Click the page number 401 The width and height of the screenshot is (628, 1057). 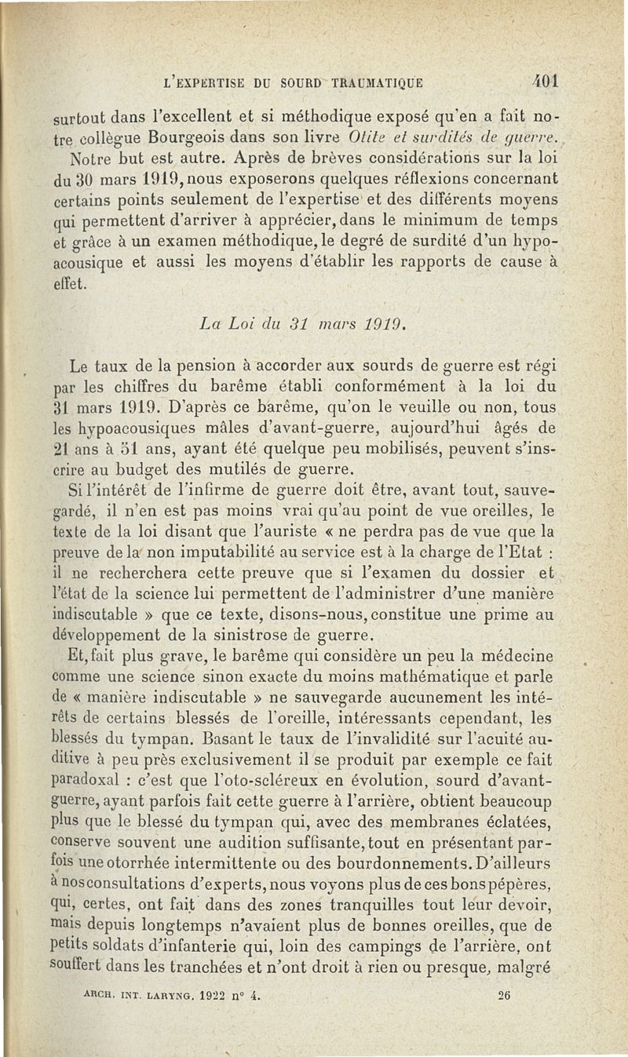coord(542,80)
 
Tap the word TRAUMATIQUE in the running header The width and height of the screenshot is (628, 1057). coord(374,81)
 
